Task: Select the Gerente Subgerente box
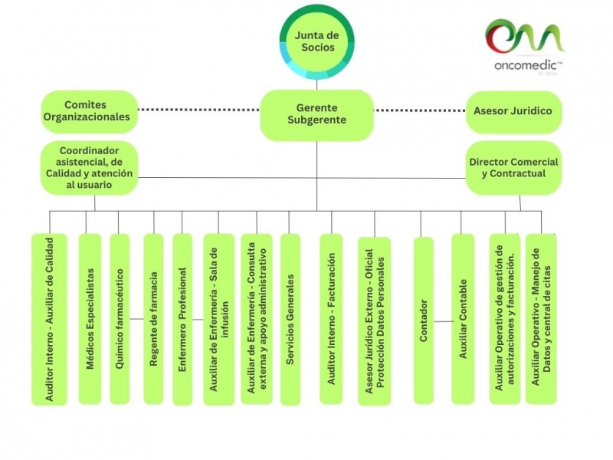click(316, 114)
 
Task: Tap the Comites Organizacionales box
click(89, 111)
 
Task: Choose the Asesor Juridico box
click(513, 111)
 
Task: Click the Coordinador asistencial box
click(89, 167)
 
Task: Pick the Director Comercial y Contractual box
click(513, 167)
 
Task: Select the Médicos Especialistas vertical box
click(90, 318)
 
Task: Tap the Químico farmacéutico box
click(120, 318)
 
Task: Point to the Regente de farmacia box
click(153, 318)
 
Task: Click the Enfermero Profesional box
click(182, 318)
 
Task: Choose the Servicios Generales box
click(290, 318)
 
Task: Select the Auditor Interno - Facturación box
click(331, 318)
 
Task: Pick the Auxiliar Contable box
click(463, 318)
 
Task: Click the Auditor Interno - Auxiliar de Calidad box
click(49, 318)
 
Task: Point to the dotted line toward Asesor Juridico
click(420, 110)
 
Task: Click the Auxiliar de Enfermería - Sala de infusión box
click(218, 318)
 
